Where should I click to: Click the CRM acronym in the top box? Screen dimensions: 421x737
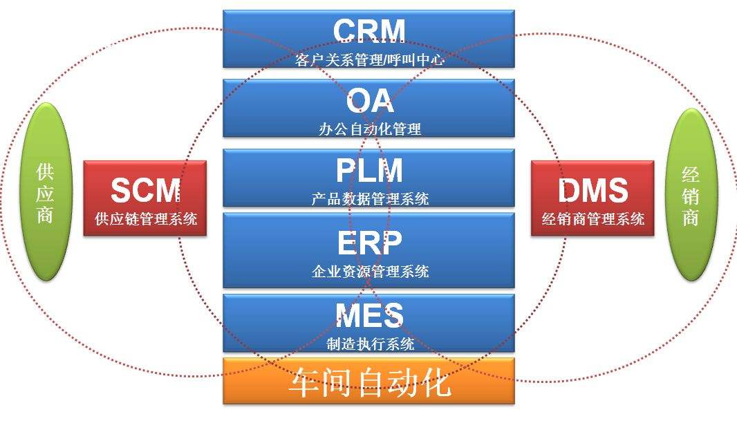368,31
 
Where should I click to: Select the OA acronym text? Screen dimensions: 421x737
370,102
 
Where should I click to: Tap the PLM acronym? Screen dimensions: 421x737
369,171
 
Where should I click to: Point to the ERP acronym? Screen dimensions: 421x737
369,243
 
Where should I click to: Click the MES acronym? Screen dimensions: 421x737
369,316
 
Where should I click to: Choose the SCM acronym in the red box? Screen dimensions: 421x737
145,190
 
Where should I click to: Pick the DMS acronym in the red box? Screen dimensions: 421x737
593,190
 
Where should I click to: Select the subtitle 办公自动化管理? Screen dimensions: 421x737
370,128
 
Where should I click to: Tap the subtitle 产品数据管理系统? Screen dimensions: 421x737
370,199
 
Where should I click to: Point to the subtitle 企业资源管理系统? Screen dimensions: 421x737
370,271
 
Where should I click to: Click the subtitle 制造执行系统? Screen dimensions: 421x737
370,343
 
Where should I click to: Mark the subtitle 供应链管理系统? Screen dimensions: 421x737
146,219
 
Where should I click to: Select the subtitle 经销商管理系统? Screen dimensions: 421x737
593,219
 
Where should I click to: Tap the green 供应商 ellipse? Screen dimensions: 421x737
46,191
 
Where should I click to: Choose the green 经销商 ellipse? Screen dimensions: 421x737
691,194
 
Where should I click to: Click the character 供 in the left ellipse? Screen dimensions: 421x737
46,169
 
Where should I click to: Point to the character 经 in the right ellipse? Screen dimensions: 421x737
691,172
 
